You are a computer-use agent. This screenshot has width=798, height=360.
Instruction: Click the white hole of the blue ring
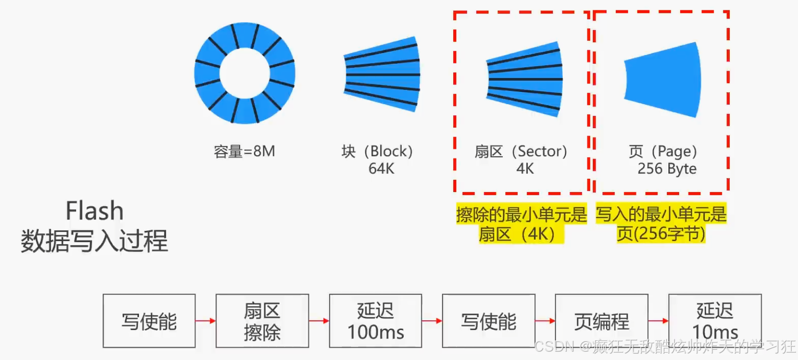point(245,73)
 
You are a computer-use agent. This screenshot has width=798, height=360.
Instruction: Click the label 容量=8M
point(244,151)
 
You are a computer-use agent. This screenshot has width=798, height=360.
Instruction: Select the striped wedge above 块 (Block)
point(382,74)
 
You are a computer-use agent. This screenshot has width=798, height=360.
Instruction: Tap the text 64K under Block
point(381,168)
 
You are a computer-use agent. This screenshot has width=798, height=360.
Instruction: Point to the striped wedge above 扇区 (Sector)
point(524,79)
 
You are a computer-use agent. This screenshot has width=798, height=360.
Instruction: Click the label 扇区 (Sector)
point(521,151)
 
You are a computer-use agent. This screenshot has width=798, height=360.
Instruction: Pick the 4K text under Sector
point(525,168)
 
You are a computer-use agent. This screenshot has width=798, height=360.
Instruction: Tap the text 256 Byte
point(667,168)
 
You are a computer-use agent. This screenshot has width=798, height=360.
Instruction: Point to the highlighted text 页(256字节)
point(661,233)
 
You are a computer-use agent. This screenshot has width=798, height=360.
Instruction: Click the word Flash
point(94,211)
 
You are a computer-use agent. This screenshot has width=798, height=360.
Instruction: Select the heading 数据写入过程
point(94,241)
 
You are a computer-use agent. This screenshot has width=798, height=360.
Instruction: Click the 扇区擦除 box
point(262,321)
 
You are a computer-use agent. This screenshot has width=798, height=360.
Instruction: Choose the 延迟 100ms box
point(376,321)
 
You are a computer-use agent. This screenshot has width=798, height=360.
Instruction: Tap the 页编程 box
point(602,321)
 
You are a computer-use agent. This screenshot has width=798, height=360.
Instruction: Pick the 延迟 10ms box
point(715,321)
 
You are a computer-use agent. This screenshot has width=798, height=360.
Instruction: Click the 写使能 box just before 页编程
point(489,321)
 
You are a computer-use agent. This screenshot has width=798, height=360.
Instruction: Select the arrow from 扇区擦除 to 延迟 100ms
point(319,321)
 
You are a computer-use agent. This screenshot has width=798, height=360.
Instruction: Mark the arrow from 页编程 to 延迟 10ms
point(659,321)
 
